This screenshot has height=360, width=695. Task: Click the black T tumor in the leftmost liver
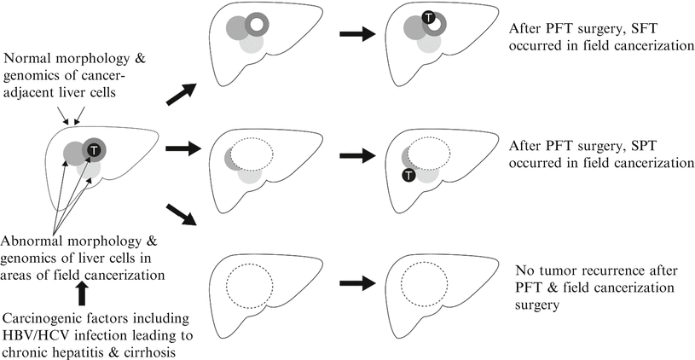click(x=94, y=150)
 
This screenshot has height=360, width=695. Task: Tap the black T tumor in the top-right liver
click(x=429, y=17)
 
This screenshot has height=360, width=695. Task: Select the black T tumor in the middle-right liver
click(x=408, y=176)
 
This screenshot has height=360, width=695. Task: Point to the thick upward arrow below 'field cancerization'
click(x=83, y=293)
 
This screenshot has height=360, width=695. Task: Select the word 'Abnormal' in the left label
click(x=35, y=241)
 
